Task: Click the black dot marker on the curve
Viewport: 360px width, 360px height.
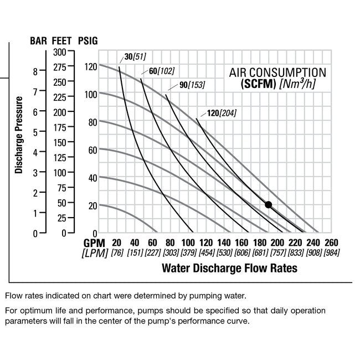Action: [x=269, y=204]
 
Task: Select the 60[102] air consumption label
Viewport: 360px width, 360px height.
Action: [x=161, y=71]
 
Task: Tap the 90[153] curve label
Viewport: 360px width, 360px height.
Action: [x=192, y=85]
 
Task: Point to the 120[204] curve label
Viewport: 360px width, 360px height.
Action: [x=222, y=114]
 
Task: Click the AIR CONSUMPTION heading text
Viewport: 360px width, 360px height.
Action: [x=277, y=73]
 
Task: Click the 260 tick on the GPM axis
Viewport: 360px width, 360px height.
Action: [x=331, y=243]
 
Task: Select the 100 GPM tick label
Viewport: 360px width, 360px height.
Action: [x=188, y=243]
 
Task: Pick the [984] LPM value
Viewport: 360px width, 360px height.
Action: [x=331, y=253]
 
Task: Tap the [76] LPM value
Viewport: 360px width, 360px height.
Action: [x=116, y=253]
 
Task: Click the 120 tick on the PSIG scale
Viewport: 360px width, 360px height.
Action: [x=90, y=66]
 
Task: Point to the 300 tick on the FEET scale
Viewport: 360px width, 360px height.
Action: [x=59, y=52]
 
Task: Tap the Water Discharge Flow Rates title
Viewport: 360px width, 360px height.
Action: [x=229, y=269]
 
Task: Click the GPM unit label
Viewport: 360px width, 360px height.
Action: [x=94, y=243]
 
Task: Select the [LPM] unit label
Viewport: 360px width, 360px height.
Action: [x=94, y=253]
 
